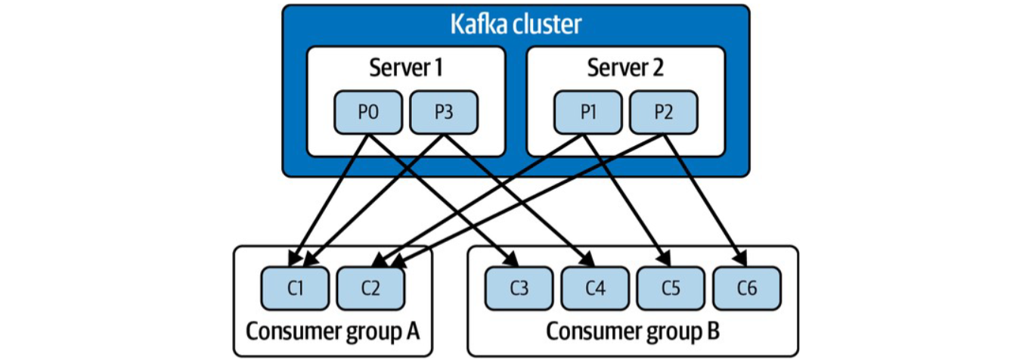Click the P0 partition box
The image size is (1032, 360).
coord(368,113)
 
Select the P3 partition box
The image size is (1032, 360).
coord(443,113)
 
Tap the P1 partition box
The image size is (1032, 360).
coord(587,113)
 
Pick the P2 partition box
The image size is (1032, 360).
coord(663,113)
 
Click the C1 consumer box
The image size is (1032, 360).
coord(295,287)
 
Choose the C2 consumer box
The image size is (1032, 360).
coord(370,287)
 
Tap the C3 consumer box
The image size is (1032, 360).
coord(519,287)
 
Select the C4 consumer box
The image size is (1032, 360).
coord(595,287)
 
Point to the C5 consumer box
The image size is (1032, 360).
coord(671,287)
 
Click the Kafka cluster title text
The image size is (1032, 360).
coord(516,24)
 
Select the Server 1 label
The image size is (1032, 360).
coord(405,68)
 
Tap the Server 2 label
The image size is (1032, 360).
coord(625,68)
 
